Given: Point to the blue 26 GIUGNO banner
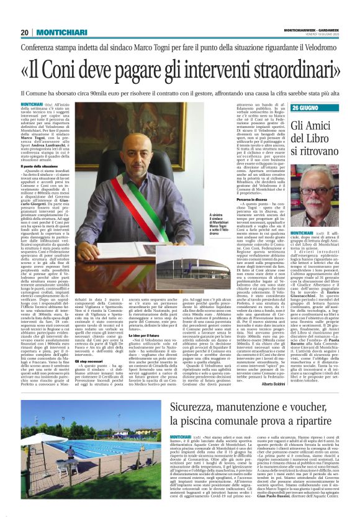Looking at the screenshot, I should [310, 107].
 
